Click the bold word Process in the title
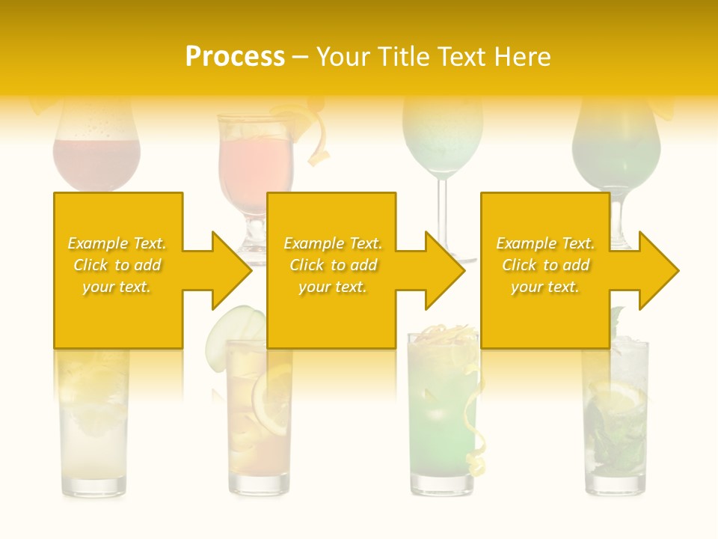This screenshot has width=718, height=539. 235,56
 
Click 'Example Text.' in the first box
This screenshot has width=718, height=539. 117,243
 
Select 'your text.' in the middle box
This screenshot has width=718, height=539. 332,287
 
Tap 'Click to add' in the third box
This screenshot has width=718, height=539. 545,265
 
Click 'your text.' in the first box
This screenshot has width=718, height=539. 117,287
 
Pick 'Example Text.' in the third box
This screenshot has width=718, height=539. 545,243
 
